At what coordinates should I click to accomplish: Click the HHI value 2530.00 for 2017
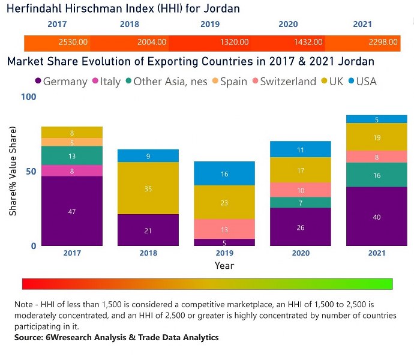pos(73,43)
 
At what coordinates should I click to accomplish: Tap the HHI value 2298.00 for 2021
pos(383,43)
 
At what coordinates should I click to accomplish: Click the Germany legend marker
pos(38,81)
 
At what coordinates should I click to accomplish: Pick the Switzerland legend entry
pos(287,81)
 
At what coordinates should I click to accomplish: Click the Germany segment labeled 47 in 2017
pos(73,211)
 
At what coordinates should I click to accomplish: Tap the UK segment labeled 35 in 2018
pos(148,188)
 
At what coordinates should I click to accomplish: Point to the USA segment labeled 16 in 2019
pos(224,173)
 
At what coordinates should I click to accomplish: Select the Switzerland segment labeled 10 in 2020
pos(300,190)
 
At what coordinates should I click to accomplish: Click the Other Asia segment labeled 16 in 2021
pos(376,175)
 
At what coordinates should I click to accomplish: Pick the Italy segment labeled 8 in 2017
pos(73,170)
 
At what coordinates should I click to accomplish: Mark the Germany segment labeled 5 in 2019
pos(224,242)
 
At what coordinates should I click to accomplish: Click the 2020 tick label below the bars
pos(300,253)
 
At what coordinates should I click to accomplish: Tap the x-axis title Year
pos(224,265)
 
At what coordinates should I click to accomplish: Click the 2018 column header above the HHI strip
pos(130,25)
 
